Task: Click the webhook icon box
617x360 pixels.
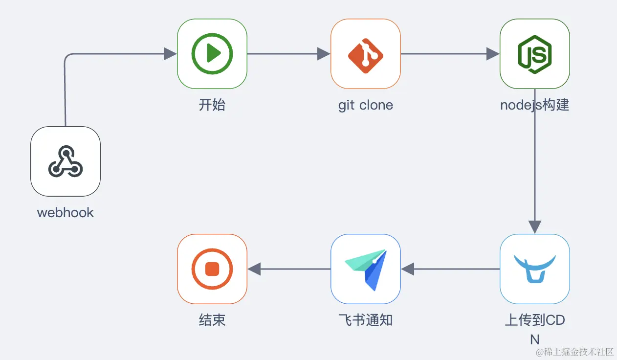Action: coord(66,161)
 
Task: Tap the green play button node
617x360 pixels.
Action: coord(212,54)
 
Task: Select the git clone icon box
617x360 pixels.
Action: coord(366,54)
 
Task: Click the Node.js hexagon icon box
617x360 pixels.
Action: coord(534,54)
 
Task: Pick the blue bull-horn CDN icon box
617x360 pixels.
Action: coord(534,269)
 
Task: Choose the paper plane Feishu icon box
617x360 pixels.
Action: coord(366,269)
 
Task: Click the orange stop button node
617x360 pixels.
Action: coord(212,269)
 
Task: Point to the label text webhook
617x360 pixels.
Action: coord(66,213)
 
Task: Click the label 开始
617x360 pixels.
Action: coord(212,105)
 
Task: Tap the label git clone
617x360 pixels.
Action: coord(366,105)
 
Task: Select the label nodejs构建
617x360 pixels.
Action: coord(534,105)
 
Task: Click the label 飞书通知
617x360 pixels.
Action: coord(366,320)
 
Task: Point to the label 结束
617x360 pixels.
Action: coord(212,320)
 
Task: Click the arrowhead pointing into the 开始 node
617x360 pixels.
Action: coord(170,54)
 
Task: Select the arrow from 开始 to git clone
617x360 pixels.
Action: coord(288,54)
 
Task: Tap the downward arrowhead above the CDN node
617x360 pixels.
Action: coord(535,226)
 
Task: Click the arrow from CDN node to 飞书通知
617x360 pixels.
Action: coord(450,269)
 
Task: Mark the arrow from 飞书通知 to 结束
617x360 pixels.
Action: coord(288,269)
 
